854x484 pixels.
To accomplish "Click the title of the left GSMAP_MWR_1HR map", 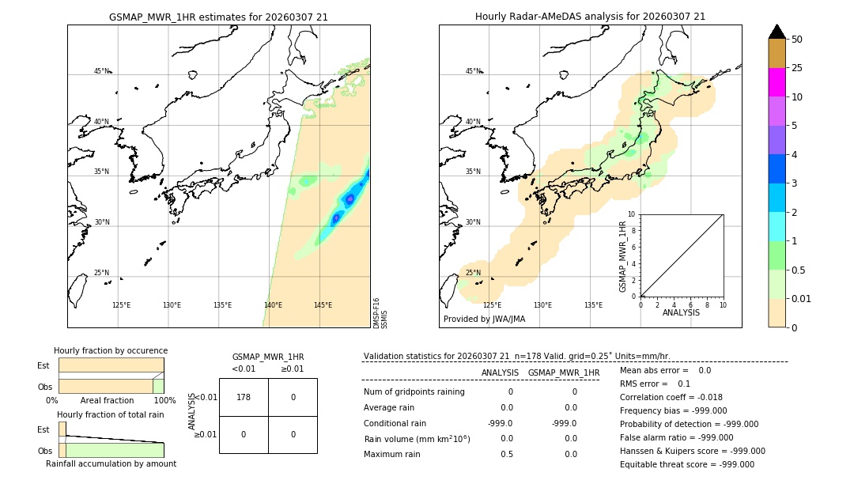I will (218, 17).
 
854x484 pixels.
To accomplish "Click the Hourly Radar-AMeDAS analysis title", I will (590, 17).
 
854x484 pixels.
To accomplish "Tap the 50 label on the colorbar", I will (797, 40).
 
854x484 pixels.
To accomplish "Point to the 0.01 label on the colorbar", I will (802, 298).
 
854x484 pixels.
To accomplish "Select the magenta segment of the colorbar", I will (777, 82).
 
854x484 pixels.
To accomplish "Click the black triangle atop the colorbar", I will (777, 32).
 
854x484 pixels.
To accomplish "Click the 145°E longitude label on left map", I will (323, 305).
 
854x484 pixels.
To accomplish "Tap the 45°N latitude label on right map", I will (472, 71).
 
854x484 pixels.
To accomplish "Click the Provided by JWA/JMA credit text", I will (484, 320).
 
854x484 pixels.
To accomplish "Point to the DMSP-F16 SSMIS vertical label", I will (380, 313).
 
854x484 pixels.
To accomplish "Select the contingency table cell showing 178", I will (244, 397).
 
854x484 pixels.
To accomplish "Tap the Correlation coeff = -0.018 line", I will (671, 398).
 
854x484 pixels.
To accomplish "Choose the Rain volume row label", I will (417, 439).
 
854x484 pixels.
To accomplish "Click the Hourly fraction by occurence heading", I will (111, 351).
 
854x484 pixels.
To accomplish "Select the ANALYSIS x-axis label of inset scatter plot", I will (682, 313).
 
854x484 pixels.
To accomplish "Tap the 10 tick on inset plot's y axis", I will (632, 214).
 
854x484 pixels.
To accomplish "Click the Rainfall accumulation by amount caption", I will (111, 464).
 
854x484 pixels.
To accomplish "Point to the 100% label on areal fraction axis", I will (164, 401).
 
